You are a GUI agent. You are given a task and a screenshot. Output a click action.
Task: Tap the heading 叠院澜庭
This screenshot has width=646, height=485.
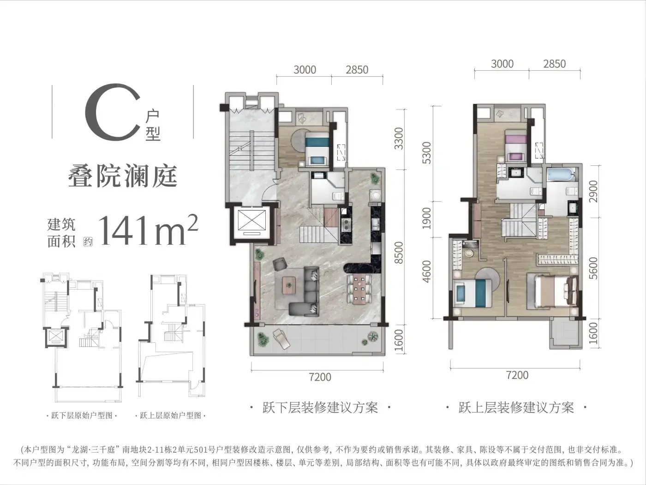pos(123,176)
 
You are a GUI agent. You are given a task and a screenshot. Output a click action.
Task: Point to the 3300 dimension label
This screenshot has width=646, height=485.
pos(399,139)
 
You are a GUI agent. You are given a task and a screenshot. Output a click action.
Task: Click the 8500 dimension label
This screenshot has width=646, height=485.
pos(399,253)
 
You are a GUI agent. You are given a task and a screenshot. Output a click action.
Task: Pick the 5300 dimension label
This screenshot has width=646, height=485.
pos(426,153)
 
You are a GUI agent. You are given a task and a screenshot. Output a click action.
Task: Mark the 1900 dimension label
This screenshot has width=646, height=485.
pos(426,218)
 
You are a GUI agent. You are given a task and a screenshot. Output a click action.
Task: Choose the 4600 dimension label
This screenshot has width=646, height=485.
pos(426,272)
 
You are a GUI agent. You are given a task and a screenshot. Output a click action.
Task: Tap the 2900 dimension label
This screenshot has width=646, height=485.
pos(593,191)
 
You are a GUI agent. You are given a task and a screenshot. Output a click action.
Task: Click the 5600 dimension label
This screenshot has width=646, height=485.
pos(593,268)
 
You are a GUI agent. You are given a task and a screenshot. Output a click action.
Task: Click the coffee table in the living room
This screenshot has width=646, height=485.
pos(289,285)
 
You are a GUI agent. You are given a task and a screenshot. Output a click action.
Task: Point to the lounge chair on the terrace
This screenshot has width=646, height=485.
pos(281,339)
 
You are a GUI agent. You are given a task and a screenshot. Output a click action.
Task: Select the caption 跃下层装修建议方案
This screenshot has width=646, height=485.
pos(320,408)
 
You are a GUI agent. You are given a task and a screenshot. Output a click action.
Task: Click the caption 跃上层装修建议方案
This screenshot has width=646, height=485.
pos(516,408)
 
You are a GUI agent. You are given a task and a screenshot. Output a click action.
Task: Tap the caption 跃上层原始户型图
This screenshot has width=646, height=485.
pos(170,416)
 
